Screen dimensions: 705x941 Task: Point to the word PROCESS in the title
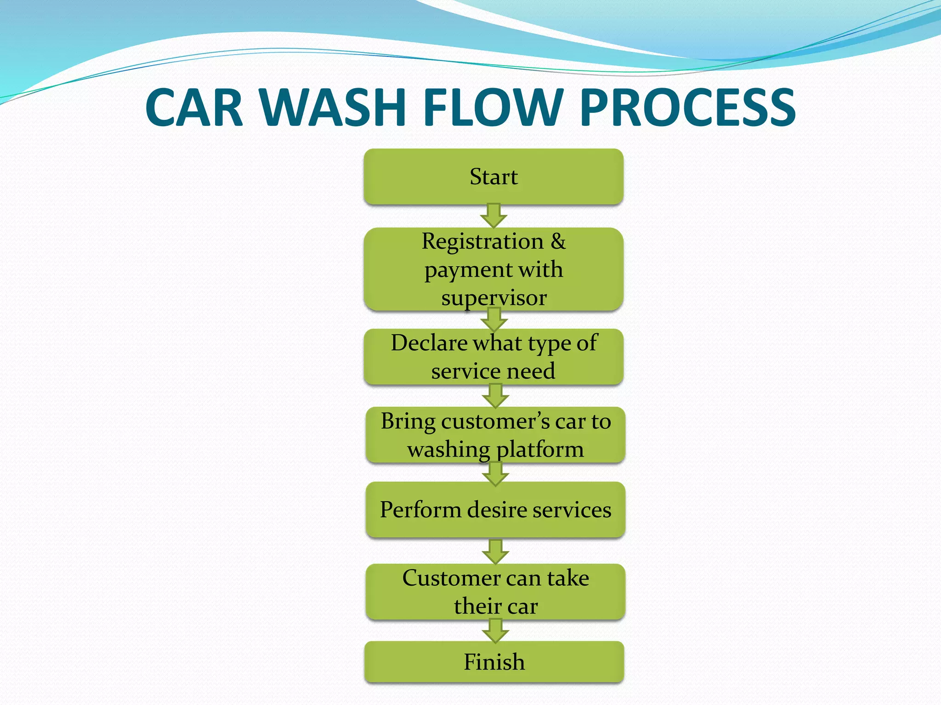click(x=688, y=108)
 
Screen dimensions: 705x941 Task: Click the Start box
click(x=493, y=176)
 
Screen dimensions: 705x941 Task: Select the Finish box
click(x=494, y=662)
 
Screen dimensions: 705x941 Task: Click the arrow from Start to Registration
click(x=493, y=216)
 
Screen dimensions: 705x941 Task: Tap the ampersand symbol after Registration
click(x=558, y=241)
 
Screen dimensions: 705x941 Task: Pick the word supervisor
click(x=494, y=298)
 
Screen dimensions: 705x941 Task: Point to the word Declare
click(x=429, y=343)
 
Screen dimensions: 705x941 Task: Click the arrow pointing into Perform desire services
click(x=495, y=474)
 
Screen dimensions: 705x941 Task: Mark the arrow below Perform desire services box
click(x=495, y=552)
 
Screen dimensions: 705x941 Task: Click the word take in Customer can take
click(x=568, y=578)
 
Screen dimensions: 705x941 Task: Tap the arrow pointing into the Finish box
click(x=495, y=631)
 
